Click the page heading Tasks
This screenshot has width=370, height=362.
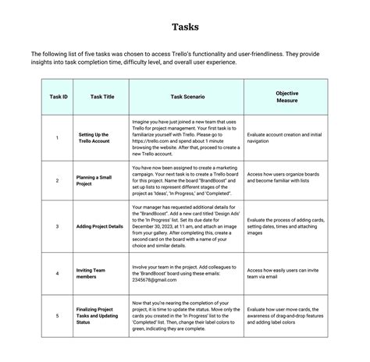click(185, 27)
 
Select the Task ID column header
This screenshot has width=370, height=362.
click(59, 98)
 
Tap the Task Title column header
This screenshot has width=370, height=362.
click(102, 98)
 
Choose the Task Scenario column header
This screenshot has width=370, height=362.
click(187, 98)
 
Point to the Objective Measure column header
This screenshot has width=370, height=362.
click(287, 98)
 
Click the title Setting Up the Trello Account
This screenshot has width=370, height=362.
click(94, 137)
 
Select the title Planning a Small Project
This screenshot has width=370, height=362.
click(94, 180)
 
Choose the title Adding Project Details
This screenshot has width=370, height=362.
click(100, 225)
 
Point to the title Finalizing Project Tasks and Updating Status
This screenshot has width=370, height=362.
click(98, 315)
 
